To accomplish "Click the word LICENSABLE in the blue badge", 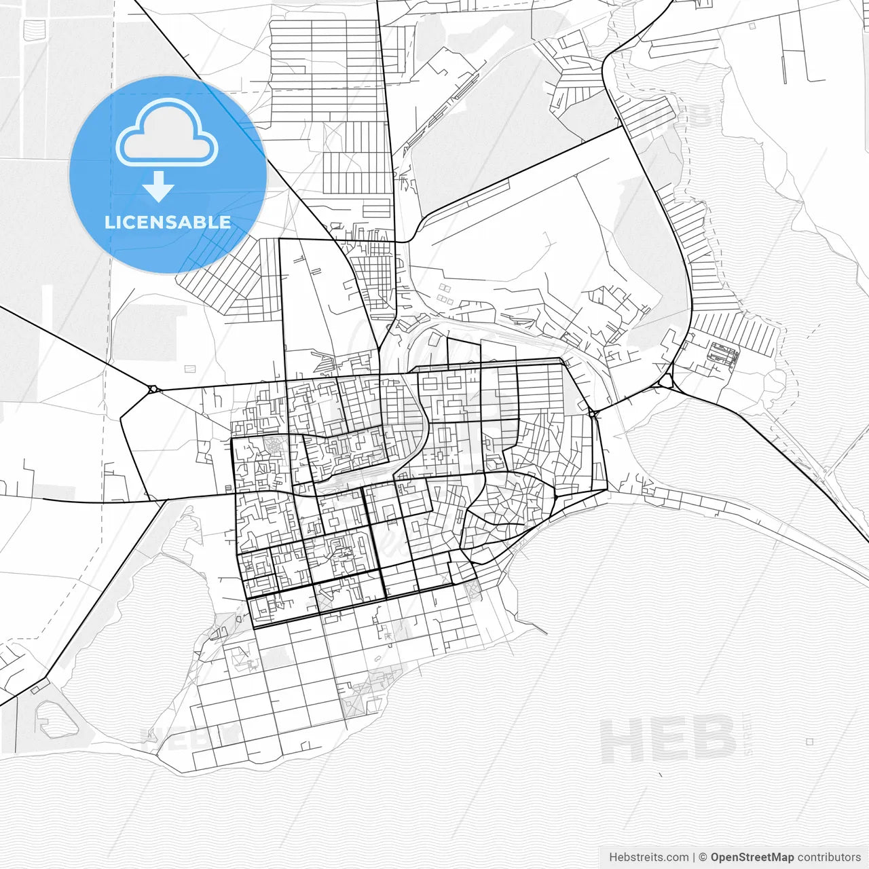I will click(x=168, y=223).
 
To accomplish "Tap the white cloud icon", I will click(x=167, y=134).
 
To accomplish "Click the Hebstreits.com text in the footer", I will click(x=648, y=857).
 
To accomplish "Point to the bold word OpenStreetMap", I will click(x=752, y=857).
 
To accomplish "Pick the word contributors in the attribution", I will click(x=829, y=857).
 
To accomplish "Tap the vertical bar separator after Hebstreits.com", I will click(x=694, y=857).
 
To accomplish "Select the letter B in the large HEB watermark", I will click(x=714, y=739).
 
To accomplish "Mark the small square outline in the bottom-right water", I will click(x=809, y=741).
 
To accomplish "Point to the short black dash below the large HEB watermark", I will click(x=661, y=774).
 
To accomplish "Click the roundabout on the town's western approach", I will click(x=153, y=389).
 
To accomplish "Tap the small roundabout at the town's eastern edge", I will click(x=592, y=413).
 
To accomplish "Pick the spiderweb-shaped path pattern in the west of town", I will click(x=276, y=447).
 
